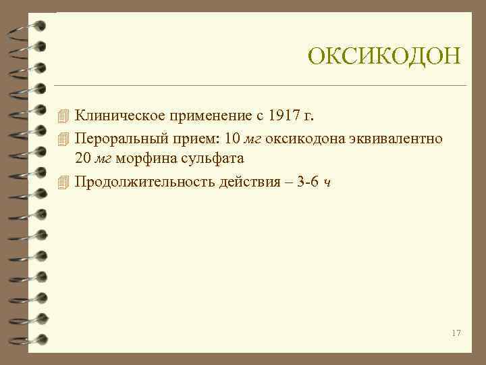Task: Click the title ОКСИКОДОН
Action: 383,56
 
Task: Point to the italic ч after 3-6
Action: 327,183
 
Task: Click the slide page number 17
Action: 456,333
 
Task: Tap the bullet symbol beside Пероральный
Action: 63,139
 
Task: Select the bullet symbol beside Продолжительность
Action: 63,182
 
